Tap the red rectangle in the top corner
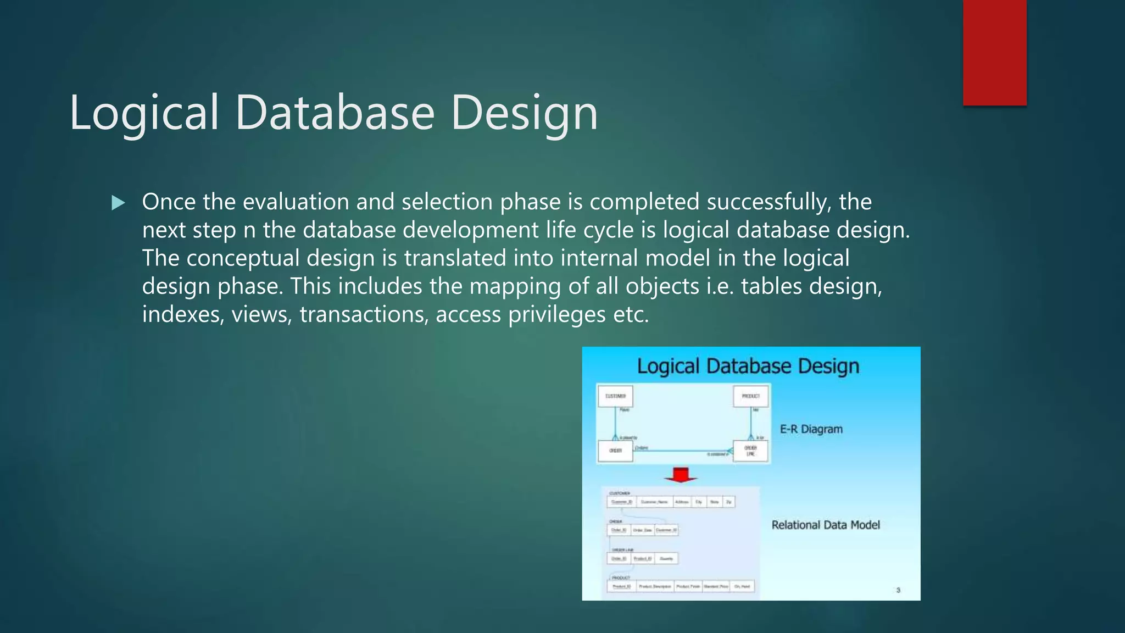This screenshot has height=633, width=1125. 994,52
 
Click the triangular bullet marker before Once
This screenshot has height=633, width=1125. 118,203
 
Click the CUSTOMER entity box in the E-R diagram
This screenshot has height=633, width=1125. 615,396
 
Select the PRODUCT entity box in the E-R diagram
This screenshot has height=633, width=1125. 750,396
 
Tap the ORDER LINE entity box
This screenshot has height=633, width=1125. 750,451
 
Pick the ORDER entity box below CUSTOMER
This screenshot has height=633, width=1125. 615,451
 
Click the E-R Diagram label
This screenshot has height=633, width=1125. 811,429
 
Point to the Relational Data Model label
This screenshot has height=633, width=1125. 825,525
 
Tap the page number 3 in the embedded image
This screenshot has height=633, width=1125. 898,590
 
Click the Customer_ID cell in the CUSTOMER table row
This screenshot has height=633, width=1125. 622,502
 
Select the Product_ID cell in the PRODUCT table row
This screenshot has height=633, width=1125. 622,586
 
